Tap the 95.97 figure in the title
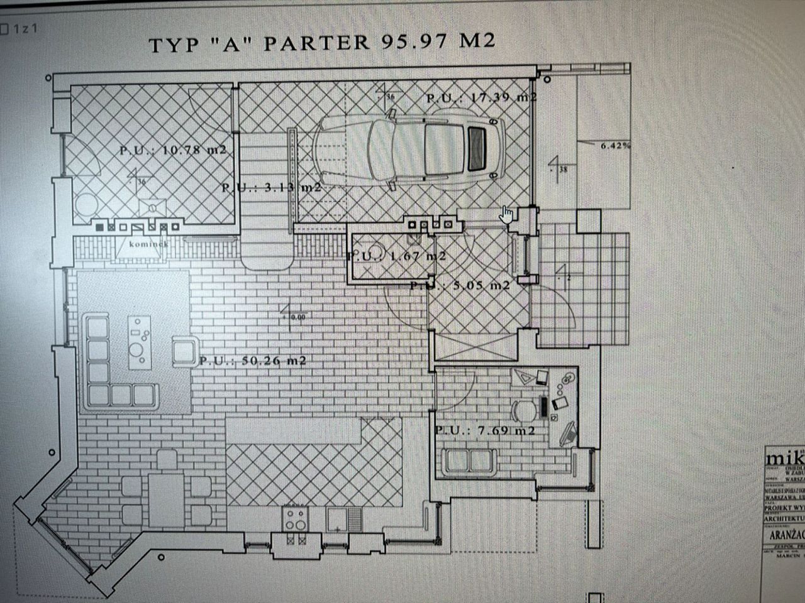point(414,41)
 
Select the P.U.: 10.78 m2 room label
point(172,151)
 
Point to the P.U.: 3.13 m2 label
point(271,187)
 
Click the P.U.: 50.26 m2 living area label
point(253,361)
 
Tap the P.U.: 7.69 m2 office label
point(485,430)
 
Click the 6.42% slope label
point(615,145)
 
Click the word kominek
point(148,244)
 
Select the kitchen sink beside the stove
point(343,519)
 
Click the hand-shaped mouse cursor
point(507,215)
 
